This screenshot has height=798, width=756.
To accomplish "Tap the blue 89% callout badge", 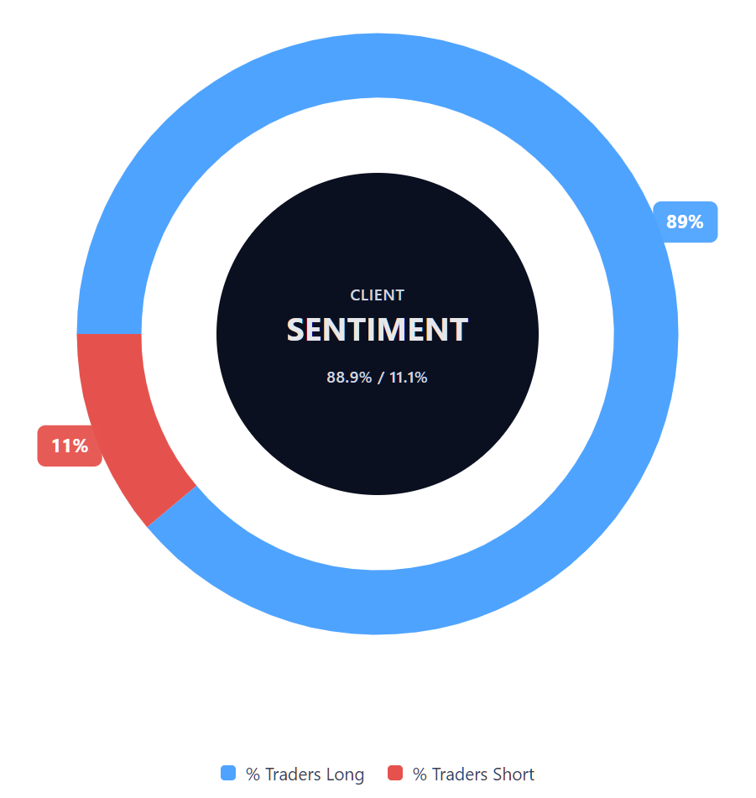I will tap(685, 222).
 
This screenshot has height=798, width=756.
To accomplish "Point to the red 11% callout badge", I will tap(70, 446).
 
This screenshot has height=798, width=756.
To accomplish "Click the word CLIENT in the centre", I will tap(377, 295).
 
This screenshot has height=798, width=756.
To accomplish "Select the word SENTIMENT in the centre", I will tap(377, 330).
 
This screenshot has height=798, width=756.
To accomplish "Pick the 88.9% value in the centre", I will tap(349, 378).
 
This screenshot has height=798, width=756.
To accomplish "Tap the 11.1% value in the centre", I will tap(409, 378).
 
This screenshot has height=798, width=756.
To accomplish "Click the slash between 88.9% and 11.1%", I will tap(380, 378).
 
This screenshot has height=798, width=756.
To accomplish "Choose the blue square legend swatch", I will tap(228, 774).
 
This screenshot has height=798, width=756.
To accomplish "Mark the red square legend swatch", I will tap(395, 774).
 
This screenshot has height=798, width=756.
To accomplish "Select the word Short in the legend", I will tap(513, 775).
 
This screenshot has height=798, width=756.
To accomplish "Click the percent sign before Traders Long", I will tap(253, 775).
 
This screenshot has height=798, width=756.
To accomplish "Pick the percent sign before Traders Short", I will tap(420, 775).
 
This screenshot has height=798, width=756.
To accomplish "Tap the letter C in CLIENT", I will tap(355, 295).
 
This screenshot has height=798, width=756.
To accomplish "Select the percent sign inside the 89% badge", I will tap(696, 222).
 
